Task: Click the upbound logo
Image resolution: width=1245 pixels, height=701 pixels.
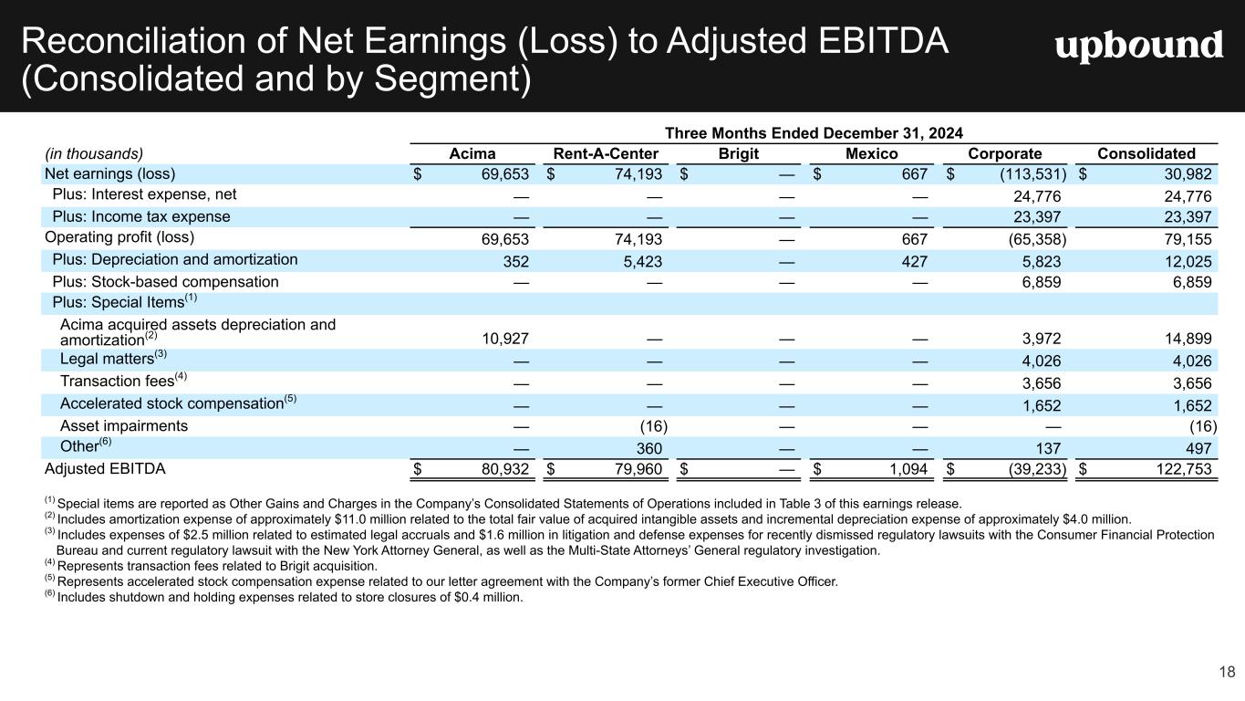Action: tap(1139, 47)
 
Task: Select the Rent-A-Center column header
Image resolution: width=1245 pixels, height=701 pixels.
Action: tap(606, 153)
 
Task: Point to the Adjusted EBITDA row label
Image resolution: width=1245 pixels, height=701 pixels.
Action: tap(105, 469)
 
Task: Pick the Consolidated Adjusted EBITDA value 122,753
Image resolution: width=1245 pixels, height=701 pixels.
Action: tap(1178, 470)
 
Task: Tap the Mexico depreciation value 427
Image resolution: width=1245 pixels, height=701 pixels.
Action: tap(915, 261)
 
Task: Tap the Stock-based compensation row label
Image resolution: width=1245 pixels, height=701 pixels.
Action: tap(165, 282)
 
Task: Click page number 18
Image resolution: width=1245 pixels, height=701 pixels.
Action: tap(1227, 673)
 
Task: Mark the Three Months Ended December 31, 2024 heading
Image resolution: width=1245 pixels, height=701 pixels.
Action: tap(816, 133)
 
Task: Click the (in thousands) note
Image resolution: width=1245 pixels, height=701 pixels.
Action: tap(94, 153)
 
